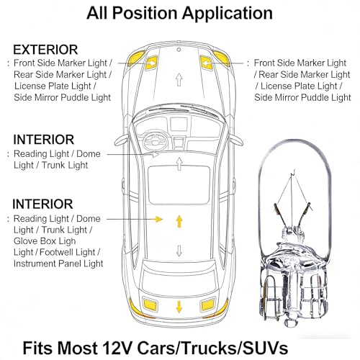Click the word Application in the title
pyautogui.click(x=227, y=14)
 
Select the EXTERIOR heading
pyautogui.click(x=45, y=50)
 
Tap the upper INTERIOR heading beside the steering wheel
pyautogui.click(x=43, y=140)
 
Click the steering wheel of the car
pyautogui.click(x=155, y=141)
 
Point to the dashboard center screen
pyautogui.click(x=179, y=124)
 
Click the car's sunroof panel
pyautogui.click(x=179, y=185)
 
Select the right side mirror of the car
pyautogui.click(x=236, y=140)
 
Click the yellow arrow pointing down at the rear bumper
pyautogui.click(x=179, y=307)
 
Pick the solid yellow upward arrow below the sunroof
pyautogui.click(x=179, y=221)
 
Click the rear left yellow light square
pyautogui.click(x=150, y=305)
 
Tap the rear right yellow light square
pyautogui.click(x=208, y=305)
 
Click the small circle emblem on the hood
pyautogui.click(x=179, y=50)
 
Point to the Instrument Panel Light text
pyautogui.click(x=58, y=264)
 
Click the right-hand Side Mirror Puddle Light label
pyautogui.click(x=302, y=97)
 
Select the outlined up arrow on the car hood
pyautogui.click(x=179, y=80)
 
